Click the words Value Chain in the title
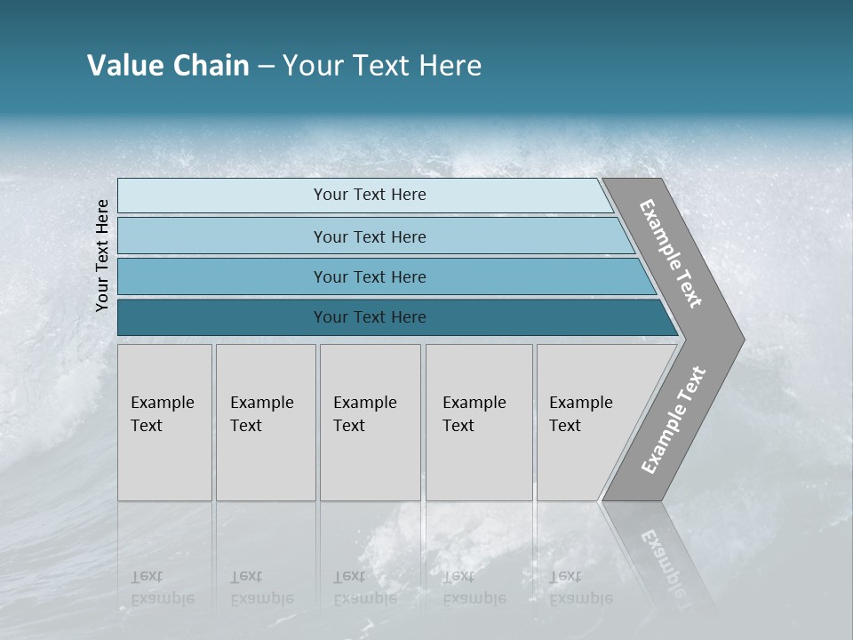168,66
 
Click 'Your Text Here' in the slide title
382,66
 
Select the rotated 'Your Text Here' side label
102,256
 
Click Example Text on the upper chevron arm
671,253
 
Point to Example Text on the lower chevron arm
673,420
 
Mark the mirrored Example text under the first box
161,588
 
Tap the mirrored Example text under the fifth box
580,588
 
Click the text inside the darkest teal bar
370,317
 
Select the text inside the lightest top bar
370,195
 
